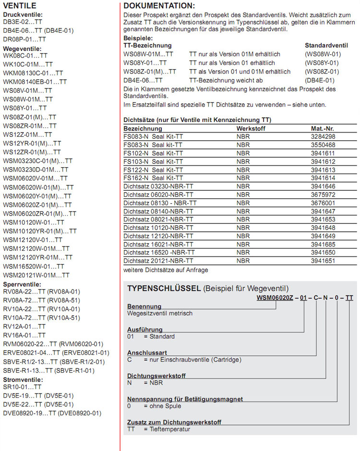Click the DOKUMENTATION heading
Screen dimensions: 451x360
(x=159, y=6)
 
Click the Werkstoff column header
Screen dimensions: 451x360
(x=251, y=129)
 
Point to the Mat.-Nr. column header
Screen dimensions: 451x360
(x=323, y=129)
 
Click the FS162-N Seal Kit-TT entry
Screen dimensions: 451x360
(x=153, y=178)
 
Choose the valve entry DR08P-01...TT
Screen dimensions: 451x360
(x=24, y=39)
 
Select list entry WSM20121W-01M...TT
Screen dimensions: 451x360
(x=36, y=275)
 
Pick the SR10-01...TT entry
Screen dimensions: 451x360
(x=22, y=387)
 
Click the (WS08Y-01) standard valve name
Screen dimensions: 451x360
(x=322, y=63)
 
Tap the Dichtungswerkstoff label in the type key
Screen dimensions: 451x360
(x=156, y=376)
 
